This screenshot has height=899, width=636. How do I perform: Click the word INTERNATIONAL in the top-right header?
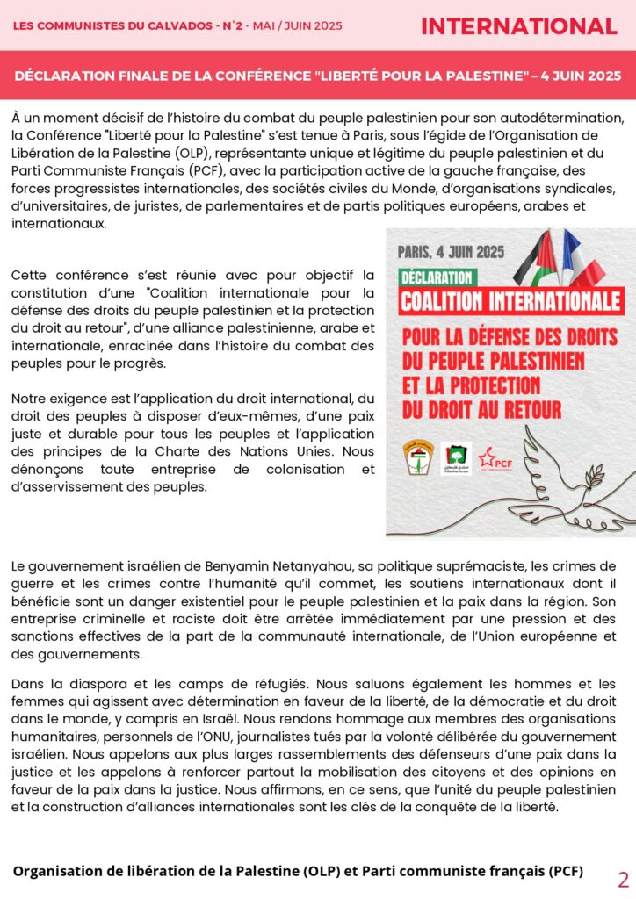click(x=518, y=26)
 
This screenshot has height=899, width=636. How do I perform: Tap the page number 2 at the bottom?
click(x=624, y=880)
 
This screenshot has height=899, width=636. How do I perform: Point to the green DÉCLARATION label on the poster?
click(x=436, y=277)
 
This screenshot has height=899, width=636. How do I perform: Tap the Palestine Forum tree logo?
click(x=455, y=458)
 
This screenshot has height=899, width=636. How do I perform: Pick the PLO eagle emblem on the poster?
click(x=418, y=458)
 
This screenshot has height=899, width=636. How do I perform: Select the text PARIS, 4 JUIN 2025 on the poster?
click(x=451, y=252)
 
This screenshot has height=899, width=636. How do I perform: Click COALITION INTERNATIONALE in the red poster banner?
click(x=510, y=301)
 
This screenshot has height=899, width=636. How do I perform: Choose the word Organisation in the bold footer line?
click(x=58, y=871)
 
